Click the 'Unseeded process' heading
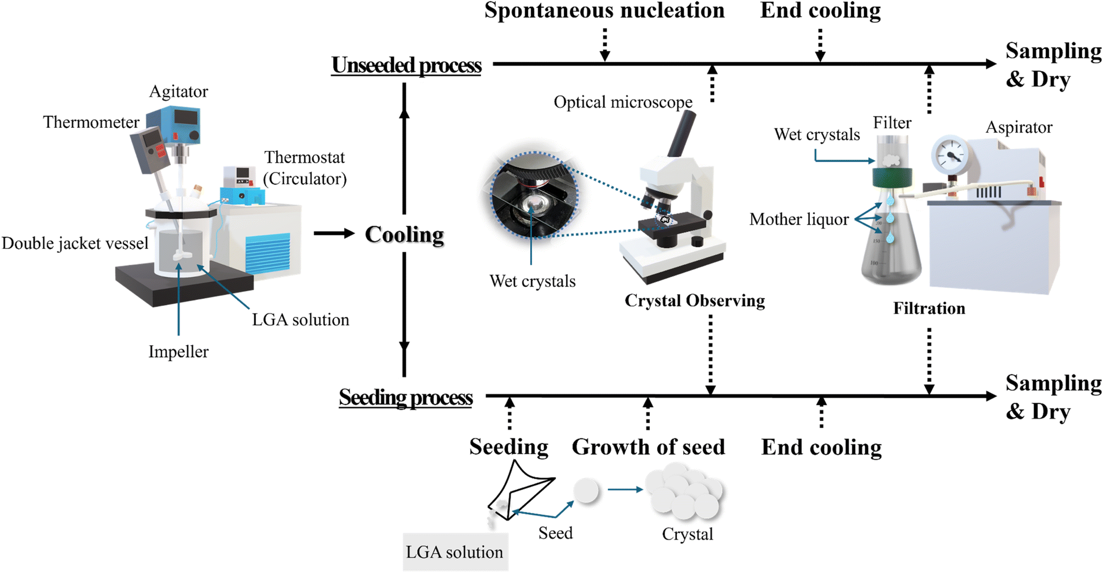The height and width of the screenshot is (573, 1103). pyautogui.click(x=406, y=66)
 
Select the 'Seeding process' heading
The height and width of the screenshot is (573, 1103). pyautogui.click(x=405, y=398)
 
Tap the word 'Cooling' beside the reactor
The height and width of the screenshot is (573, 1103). pyautogui.click(x=404, y=234)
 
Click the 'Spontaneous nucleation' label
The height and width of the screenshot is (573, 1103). pyautogui.click(x=604, y=11)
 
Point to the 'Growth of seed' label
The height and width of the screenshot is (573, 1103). pyautogui.click(x=648, y=447)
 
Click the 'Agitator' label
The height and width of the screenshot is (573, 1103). pyautogui.click(x=178, y=92)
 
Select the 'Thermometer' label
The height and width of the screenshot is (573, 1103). pyautogui.click(x=91, y=122)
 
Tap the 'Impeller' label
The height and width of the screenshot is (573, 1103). pyautogui.click(x=178, y=352)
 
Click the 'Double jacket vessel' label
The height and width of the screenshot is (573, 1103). pyautogui.click(x=75, y=243)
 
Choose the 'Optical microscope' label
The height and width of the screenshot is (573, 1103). pyautogui.click(x=623, y=102)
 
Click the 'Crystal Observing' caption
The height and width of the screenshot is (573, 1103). pyautogui.click(x=694, y=300)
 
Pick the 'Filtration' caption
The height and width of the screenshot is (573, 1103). pyautogui.click(x=929, y=308)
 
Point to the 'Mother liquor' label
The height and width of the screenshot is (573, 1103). pyautogui.click(x=799, y=219)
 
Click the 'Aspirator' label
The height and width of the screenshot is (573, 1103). pyautogui.click(x=1019, y=127)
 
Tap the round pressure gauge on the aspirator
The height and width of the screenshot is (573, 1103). pyautogui.click(x=950, y=155)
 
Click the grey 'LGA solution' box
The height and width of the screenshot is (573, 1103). pyautogui.click(x=455, y=552)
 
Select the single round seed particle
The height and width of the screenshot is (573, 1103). pyautogui.click(x=586, y=490)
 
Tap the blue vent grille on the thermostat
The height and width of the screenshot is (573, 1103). pyautogui.click(x=268, y=252)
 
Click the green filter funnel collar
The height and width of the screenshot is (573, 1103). pyautogui.click(x=891, y=178)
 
